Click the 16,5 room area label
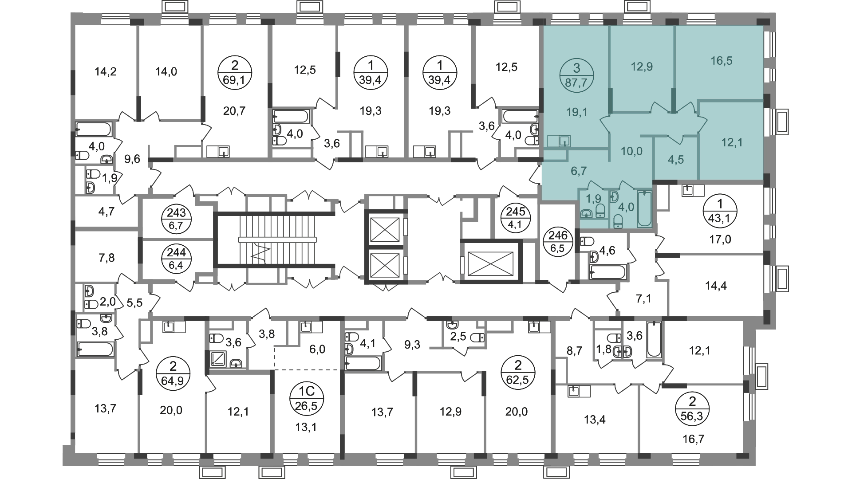pyautogui.click(x=721, y=61)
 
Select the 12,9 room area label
pyautogui.click(x=642, y=67)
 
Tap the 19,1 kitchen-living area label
pyautogui.click(x=576, y=112)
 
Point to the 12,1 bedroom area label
pyautogui.click(x=732, y=142)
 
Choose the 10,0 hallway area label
pyautogui.click(x=631, y=151)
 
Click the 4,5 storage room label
pyautogui.click(x=676, y=160)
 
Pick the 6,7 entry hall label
pyautogui.click(x=578, y=171)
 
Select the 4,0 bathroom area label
pyautogui.click(x=626, y=207)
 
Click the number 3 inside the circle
pyautogui.click(x=576, y=68)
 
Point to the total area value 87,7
pyautogui.click(x=576, y=82)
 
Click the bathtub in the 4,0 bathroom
pyautogui.click(x=644, y=209)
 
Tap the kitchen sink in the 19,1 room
pyautogui.click(x=564, y=141)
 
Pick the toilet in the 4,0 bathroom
pyautogui.click(x=618, y=221)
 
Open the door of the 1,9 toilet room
pyautogui.click(x=595, y=186)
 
